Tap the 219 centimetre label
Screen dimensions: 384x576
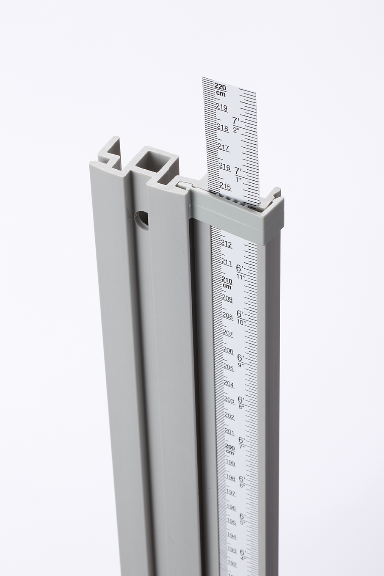[222, 107]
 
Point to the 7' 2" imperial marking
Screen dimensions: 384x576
[236, 125]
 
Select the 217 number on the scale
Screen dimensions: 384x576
[224, 147]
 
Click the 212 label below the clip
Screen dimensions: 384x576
[227, 245]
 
